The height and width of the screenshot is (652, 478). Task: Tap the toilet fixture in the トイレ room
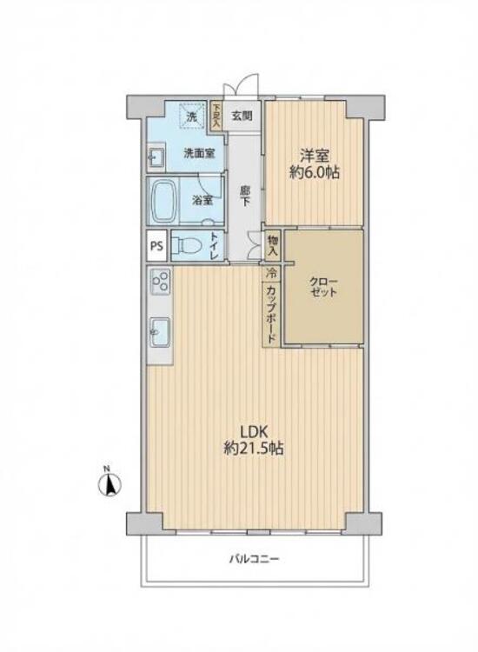coord(186,245)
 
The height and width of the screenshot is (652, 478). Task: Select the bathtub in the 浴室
coord(163,202)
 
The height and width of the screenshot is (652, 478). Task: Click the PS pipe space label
coord(156,245)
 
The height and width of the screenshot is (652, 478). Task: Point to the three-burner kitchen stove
coord(160,281)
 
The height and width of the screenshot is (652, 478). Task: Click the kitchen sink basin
coord(160,332)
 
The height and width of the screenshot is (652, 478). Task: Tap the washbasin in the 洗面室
coord(156,157)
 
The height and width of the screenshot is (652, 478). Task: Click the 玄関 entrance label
coord(242,115)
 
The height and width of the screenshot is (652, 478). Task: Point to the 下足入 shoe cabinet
coord(216,116)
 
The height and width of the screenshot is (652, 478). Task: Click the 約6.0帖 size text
coord(315,172)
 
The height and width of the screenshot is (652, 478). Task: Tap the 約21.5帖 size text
coord(254,448)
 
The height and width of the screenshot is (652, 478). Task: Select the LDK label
coord(255,431)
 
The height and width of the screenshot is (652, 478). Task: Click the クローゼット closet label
coord(323,287)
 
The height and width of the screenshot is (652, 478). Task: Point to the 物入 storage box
coord(273,246)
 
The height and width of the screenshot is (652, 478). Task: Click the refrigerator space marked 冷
coord(271,273)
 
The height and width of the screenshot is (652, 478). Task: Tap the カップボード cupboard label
coord(271,314)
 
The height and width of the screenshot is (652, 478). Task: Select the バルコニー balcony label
coord(254,558)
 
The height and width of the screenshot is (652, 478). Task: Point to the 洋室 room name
coord(315,156)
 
